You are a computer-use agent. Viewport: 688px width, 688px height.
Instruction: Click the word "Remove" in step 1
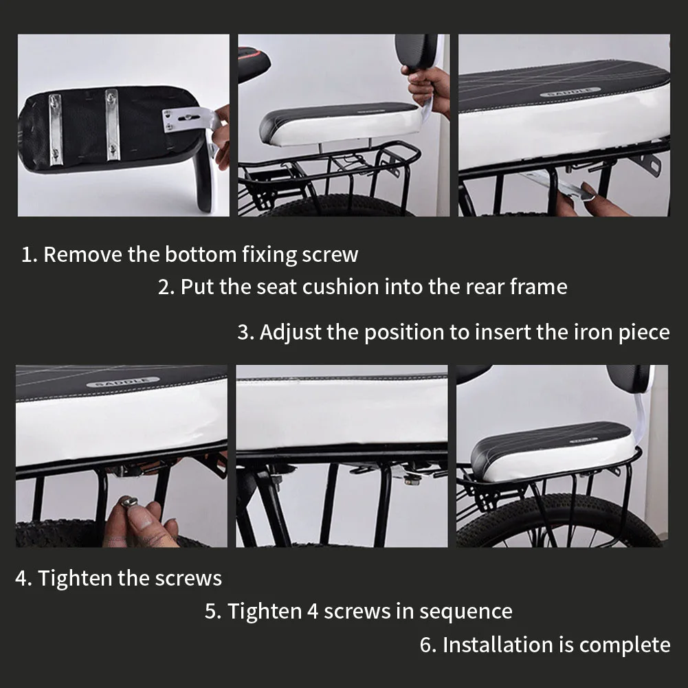click(82, 254)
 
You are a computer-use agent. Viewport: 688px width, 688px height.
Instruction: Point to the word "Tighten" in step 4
click(75, 578)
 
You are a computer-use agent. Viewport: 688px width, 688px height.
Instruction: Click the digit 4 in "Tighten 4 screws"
click(313, 611)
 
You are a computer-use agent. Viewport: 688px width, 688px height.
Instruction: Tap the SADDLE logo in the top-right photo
click(570, 92)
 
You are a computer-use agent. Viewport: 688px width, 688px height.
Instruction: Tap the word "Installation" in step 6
click(498, 645)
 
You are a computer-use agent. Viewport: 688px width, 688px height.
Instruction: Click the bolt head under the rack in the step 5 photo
click(410, 480)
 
